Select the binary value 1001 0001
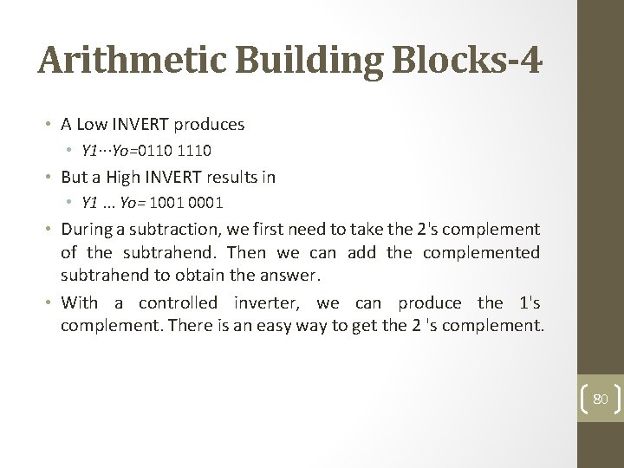click(x=185, y=203)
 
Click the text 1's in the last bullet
click(x=528, y=302)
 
